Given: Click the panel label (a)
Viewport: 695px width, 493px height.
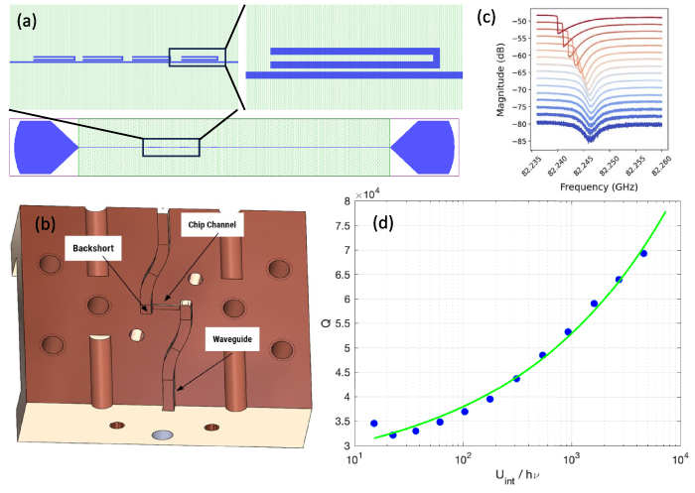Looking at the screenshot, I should (29, 18).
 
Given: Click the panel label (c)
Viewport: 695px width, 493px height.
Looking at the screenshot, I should (485, 15).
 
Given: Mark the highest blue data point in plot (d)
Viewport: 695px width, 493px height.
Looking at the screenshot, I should (643, 254).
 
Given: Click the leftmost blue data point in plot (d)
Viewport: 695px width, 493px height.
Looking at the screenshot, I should (373, 424).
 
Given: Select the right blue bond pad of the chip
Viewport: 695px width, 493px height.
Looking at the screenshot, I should (425, 147).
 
